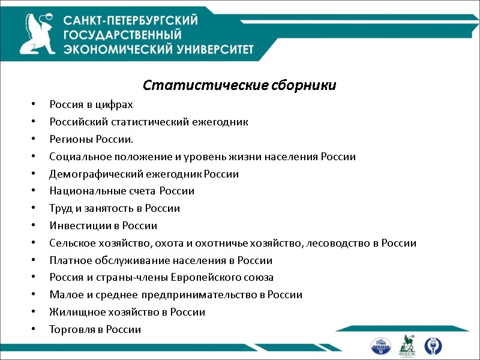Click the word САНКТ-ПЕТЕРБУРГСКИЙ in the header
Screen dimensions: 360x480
click(x=131, y=20)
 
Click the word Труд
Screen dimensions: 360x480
click(x=60, y=209)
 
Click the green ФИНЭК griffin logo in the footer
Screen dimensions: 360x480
click(x=408, y=346)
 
